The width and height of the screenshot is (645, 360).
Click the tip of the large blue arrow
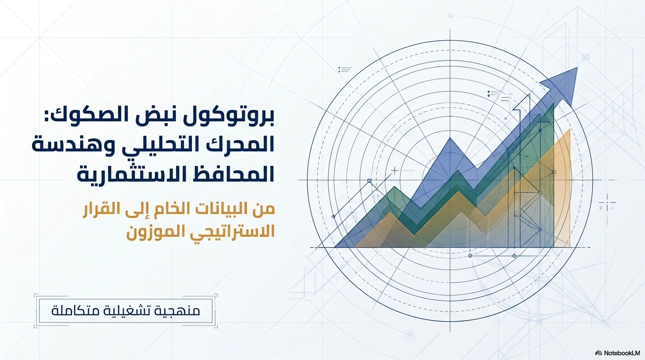[577, 67]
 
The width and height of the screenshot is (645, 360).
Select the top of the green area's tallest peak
[554, 103]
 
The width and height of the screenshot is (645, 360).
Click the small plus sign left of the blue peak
[395, 171]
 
